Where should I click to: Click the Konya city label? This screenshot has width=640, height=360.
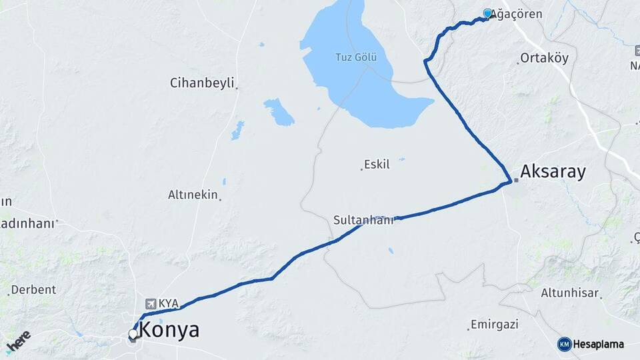click(x=169, y=330)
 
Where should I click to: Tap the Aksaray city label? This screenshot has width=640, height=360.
click(x=553, y=172)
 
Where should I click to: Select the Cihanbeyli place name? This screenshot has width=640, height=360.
click(x=202, y=83)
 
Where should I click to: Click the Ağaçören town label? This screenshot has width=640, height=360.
click(x=517, y=14)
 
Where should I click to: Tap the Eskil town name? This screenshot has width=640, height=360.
click(x=377, y=164)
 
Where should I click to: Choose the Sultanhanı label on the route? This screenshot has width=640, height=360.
click(x=363, y=219)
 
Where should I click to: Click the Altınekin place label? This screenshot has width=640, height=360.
click(x=193, y=195)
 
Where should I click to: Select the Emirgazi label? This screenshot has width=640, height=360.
click(x=495, y=325)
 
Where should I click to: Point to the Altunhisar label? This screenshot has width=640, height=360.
click(x=570, y=293)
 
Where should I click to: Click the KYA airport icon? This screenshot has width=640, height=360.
click(x=149, y=303)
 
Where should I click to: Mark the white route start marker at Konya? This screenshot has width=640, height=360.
click(x=133, y=334)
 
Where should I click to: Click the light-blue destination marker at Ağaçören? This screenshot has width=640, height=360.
click(x=487, y=13)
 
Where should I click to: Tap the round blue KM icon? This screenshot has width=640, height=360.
click(x=565, y=344)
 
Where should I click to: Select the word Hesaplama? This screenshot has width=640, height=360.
click(x=599, y=344)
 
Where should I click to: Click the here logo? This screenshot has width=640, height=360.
click(x=18, y=341)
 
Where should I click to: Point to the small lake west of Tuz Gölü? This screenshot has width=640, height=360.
click(x=279, y=112)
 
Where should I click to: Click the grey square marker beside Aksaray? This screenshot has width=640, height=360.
click(x=516, y=180)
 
